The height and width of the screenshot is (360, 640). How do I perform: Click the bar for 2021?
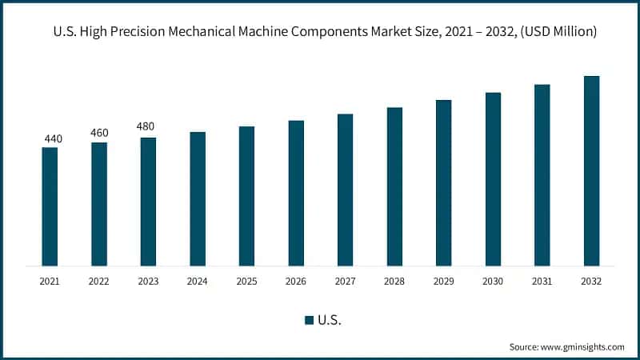click(50, 206)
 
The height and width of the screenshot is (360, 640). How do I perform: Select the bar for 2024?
click(198, 198)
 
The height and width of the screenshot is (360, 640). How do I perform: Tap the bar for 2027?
click(345, 190)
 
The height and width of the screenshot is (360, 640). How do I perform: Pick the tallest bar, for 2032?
click(591, 170)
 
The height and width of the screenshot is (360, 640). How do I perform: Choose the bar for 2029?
click(443, 182)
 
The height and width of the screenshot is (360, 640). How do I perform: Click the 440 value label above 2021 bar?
click(53, 139)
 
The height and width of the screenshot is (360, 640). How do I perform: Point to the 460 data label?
click(99, 133)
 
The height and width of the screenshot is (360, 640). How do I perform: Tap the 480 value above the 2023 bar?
click(146, 126)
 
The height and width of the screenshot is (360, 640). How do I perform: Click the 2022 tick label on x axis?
click(99, 282)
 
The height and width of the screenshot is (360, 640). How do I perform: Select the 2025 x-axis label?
click(246, 282)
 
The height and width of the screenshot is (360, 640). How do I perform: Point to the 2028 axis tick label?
click(394, 282)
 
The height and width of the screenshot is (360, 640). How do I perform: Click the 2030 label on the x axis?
click(493, 282)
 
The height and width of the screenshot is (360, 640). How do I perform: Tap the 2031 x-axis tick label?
click(542, 282)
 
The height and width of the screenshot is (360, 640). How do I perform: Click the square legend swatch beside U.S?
click(309, 320)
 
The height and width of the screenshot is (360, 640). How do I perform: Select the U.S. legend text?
click(330, 320)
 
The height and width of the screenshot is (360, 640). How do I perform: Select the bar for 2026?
click(296, 193)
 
